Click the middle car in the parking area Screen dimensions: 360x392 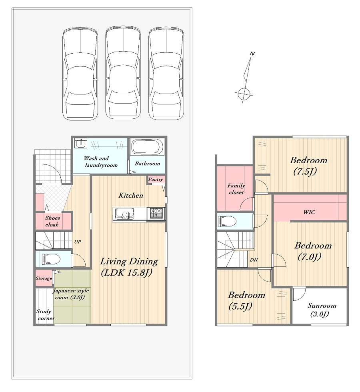click(x=123, y=73)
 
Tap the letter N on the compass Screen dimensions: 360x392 click(x=252, y=54)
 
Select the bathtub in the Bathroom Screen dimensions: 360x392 click(x=147, y=147)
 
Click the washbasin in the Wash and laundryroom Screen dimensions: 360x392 click(x=80, y=143)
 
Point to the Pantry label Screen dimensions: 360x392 click(x=156, y=179)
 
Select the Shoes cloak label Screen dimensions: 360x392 click(x=52, y=221)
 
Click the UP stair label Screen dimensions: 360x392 click(x=78, y=242)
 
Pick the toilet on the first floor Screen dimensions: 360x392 click(x=51, y=259)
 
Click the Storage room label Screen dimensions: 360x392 click(x=44, y=278)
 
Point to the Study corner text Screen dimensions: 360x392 click(x=45, y=315)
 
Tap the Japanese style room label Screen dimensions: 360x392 click(x=71, y=294)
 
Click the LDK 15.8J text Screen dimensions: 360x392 click(x=126, y=272)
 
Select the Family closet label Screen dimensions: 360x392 click(x=236, y=189)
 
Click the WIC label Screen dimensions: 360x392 click(x=309, y=212)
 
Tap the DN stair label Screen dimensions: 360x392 click(x=254, y=260)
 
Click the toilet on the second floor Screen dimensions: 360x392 click(x=227, y=221)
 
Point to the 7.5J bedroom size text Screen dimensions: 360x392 click(x=305, y=171)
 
